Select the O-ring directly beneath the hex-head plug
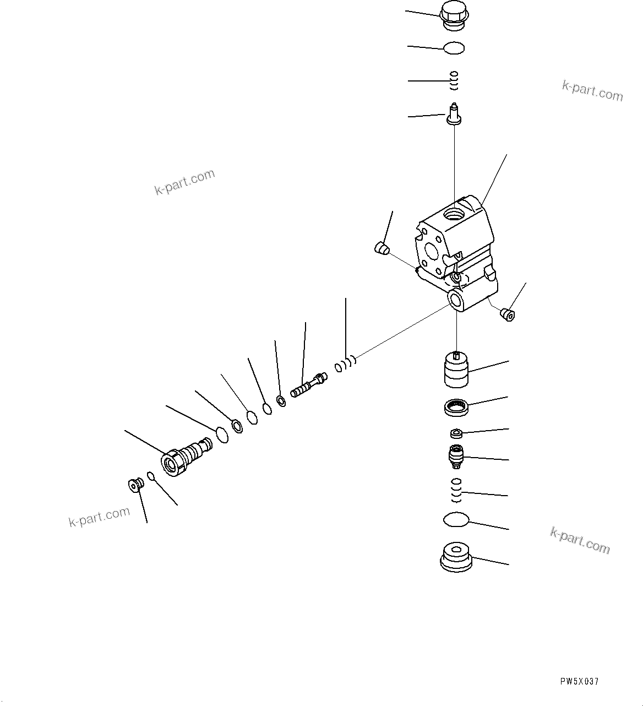click(x=454, y=48)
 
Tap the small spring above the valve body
click(x=454, y=81)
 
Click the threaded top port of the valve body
click(x=454, y=213)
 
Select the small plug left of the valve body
click(x=380, y=248)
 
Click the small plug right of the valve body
click(x=507, y=315)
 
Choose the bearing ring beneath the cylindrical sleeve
click(x=456, y=408)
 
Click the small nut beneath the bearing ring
click(x=456, y=433)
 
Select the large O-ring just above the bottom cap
click(x=456, y=519)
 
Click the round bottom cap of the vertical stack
click(x=456, y=557)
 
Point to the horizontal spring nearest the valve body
click(x=346, y=364)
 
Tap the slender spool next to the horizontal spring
click(x=308, y=384)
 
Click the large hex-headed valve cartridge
click(x=184, y=454)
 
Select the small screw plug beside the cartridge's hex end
click(x=134, y=484)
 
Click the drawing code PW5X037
click(x=579, y=681)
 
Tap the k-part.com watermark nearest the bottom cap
click(x=580, y=540)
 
